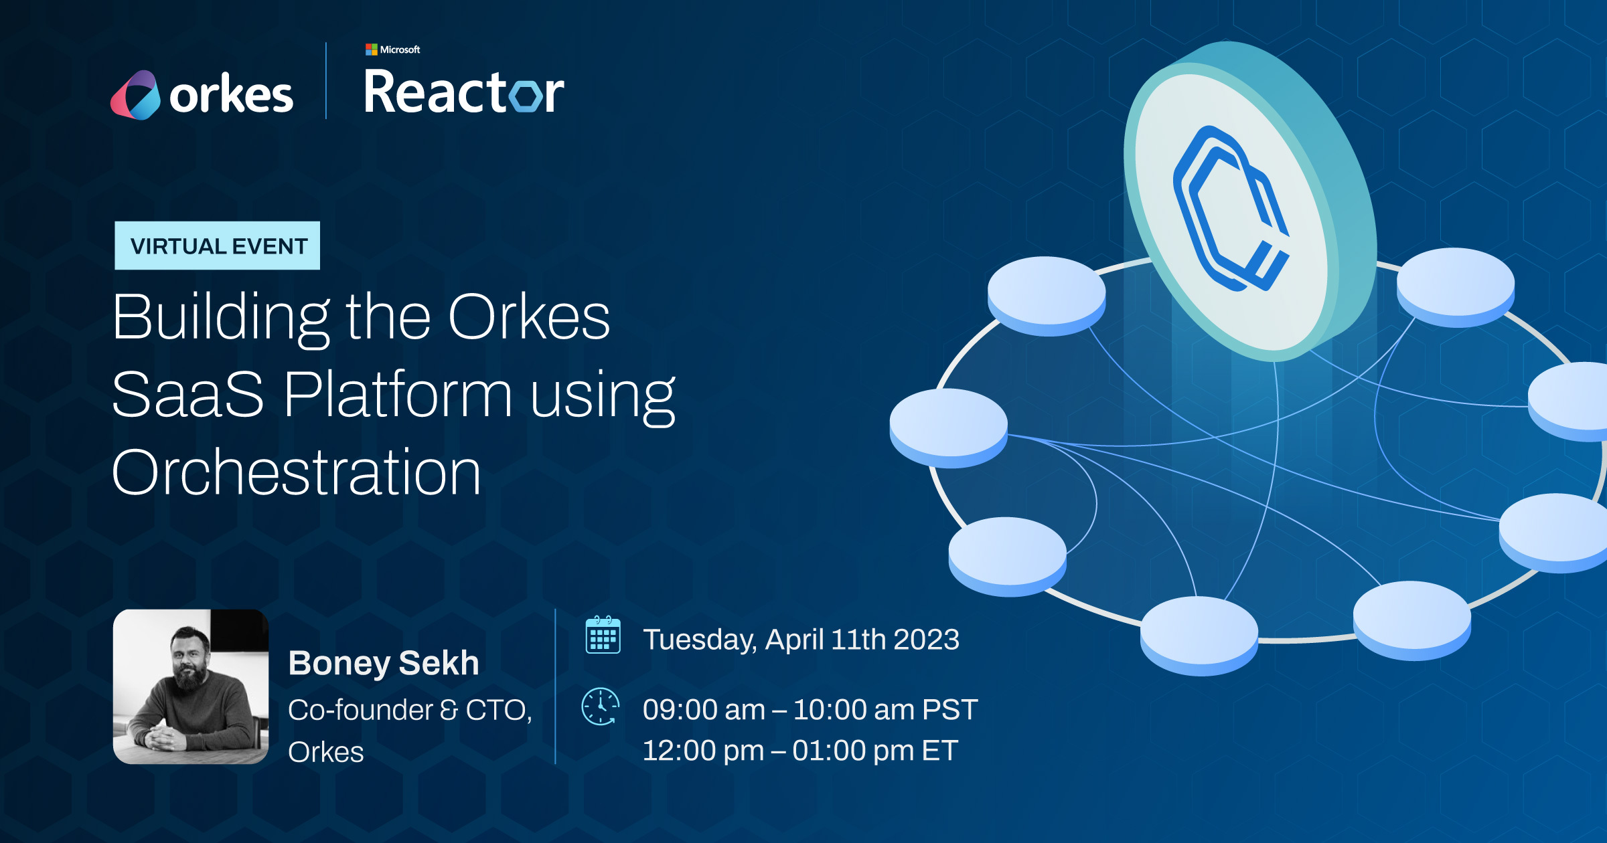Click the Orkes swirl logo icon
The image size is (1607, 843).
click(x=135, y=95)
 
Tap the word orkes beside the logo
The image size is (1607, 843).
click(x=231, y=96)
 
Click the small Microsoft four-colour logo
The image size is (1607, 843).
click(x=371, y=50)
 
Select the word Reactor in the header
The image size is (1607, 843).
click(x=463, y=92)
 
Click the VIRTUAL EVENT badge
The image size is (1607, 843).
click(x=218, y=246)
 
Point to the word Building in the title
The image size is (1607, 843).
click(x=221, y=317)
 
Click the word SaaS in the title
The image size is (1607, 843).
click(x=188, y=394)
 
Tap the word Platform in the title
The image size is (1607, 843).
click(x=398, y=394)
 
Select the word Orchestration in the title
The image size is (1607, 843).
click(x=296, y=472)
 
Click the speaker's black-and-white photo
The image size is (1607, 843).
click(x=191, y=686)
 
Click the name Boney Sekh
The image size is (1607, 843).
click(x=384, y=663)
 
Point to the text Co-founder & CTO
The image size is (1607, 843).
click(x=410, y=710)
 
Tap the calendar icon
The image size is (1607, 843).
click(x=603, y=635)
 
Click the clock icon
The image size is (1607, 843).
click(x=601, y=707)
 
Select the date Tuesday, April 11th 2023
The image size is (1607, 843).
click(x=801, y=640)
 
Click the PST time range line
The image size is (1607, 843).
click(x=810, y=709)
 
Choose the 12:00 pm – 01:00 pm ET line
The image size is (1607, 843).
click(x=800, y=750)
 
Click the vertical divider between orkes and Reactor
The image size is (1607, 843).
click(x=326, y=81)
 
